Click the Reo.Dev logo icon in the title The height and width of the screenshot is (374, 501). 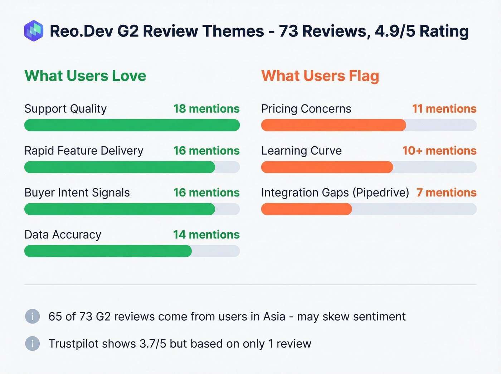(x=34, y=31)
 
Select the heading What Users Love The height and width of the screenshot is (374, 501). (x=85, y=76)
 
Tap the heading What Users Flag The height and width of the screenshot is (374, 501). (x=320, y=76)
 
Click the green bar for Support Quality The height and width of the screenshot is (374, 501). (x=132, y=125)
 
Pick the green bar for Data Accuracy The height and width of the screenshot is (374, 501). (x=108, y=251)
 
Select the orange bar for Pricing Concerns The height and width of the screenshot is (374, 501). (x=334, y=125)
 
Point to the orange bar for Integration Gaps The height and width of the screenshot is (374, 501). (x=306, y=209)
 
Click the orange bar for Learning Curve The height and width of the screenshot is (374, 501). (x=327, y=167)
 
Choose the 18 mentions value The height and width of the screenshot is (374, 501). (x=206, y=109)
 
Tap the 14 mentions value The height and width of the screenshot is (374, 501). (x=206, y=235)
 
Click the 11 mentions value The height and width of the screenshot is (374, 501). (x=444, y=109)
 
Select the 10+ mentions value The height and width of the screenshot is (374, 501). (x=439, y=151)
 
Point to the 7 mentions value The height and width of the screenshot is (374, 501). (x=446, y=193)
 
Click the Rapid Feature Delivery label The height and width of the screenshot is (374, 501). (x=84, y=151)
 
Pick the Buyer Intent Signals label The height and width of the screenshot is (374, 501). (x=77, y=193)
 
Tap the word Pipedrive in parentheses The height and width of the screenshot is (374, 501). (x=381, y=193)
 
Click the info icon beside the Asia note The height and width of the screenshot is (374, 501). (x=33, y=316)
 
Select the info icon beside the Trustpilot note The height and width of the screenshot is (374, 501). (x=33, y=344)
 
